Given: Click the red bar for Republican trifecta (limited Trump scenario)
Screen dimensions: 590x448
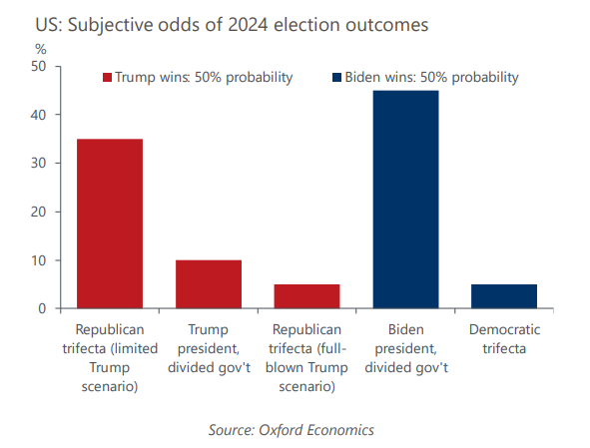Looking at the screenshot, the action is (110, 224).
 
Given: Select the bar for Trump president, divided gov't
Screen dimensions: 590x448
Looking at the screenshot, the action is (209, 284).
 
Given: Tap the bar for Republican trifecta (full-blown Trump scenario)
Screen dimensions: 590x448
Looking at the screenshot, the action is (307, 296).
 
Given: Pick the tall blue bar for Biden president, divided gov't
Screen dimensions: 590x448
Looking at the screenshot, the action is (405, 200).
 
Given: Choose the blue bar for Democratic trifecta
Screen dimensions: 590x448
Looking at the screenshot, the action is (504, 296).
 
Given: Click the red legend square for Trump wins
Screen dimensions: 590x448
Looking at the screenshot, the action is (107, 78).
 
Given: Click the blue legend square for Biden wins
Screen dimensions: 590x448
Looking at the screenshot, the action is (336, 78).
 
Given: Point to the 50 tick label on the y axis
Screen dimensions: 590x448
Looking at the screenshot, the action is (38, 66).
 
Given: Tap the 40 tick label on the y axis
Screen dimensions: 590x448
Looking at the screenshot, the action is (38, 115).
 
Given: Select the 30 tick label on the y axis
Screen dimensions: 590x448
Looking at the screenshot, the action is (38, 164).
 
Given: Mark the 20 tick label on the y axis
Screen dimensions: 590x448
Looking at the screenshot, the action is (38, 212).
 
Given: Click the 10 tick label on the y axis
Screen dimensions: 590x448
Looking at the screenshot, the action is (38, 260).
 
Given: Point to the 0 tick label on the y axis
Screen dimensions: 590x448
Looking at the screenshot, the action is (42, 309).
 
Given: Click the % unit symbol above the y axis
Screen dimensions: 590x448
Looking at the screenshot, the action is (41, 49).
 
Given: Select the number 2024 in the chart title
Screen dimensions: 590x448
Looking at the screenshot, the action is (248, 25).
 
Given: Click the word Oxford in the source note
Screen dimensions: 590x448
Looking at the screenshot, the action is (281, 430).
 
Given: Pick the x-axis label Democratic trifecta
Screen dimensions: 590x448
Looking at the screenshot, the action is (504, 339).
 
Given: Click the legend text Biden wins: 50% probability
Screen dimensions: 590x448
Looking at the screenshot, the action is (431, 78).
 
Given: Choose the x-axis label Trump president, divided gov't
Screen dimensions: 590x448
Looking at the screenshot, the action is (209, 348).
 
